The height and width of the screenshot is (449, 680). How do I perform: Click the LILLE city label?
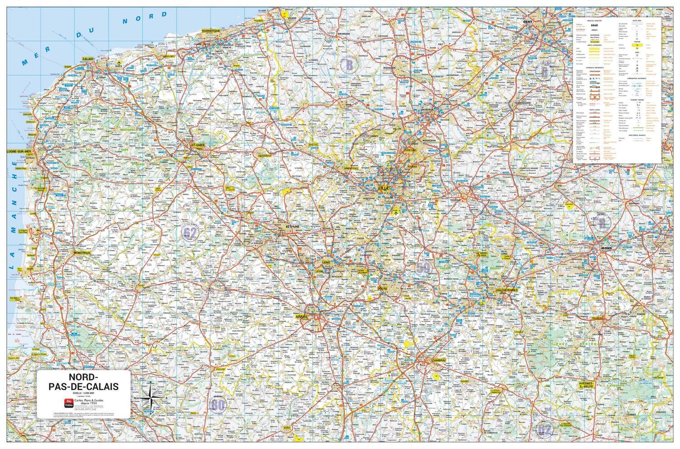pos(383,187)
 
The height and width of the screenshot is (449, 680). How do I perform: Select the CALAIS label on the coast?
pos(88,59)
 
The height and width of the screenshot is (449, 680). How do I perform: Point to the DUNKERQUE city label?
pos(211,31)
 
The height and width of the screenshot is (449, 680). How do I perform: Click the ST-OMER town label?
pos(198,145)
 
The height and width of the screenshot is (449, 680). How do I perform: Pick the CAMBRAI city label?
pos(438,360)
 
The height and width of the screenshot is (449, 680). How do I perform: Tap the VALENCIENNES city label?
pos(506,290)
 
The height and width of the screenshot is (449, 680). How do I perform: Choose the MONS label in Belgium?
pos(606,249)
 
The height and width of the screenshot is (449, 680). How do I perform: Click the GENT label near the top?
pos(527,22)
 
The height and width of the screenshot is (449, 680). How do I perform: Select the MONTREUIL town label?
pos(83,252)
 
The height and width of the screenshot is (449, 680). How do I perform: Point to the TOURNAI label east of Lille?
pos(455,200)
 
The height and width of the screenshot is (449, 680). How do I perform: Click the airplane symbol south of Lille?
pos(396,211)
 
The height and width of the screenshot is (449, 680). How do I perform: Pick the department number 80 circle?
pos(218,405)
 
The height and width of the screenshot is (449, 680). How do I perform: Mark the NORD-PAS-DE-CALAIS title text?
pos(83,382)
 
